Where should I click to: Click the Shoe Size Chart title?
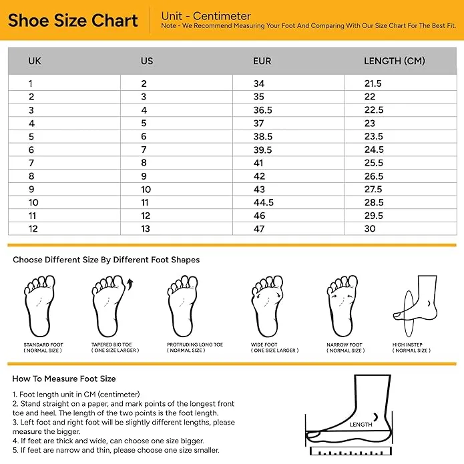[73, 21]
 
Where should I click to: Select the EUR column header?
[262, 61]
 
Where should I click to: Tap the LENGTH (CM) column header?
[395, 61]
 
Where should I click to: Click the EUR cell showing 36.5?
[262, 110]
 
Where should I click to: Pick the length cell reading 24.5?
[374, 150]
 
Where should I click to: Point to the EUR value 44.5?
[263, 202]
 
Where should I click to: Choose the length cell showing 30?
[370, 228]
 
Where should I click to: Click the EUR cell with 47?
[259, 229]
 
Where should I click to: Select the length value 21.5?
[373, 83]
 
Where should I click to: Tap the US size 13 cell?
[146, 229]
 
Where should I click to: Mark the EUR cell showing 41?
[258, 163]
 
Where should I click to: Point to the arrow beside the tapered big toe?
[130, 284]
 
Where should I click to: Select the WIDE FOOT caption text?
[264, 344]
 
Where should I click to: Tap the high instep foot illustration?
[415, 306]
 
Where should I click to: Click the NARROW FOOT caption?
[344, 344]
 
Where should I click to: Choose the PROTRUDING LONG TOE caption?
[195, 344]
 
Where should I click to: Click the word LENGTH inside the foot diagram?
[361, 425]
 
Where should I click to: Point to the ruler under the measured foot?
[351, 451]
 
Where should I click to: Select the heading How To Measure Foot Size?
[64, 379]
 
